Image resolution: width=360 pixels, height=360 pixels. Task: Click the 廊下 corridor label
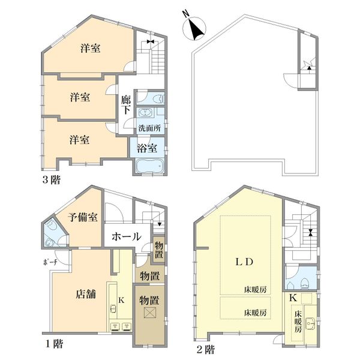coord(126,105)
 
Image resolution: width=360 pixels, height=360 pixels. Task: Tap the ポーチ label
coord(50,262)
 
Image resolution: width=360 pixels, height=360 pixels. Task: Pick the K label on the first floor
coord(121,300)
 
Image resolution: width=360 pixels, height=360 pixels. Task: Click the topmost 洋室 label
coord(90,49)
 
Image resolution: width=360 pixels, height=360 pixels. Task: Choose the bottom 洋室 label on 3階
coord(79,140)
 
